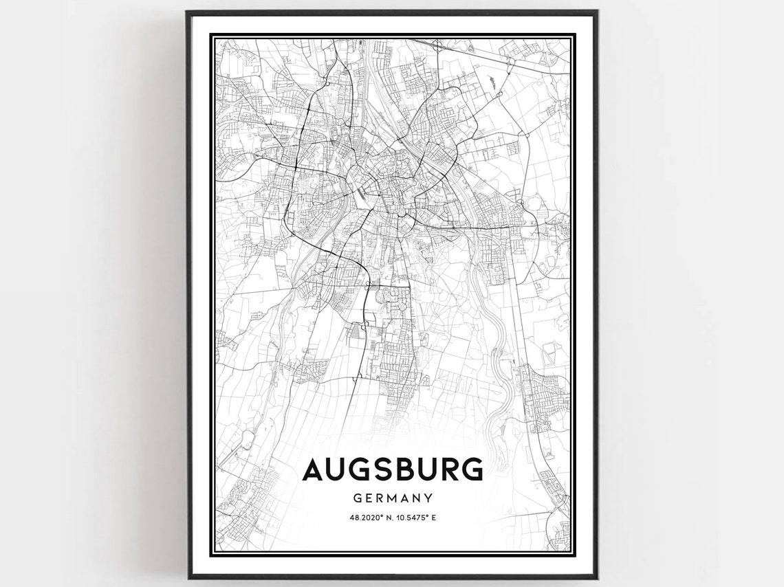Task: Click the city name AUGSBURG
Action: pyautogui.click(x=392, y=469)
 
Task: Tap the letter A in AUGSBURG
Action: pyautogui.click(x=314, y=469)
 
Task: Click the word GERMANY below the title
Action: pyautogui.click(x=393, y=497)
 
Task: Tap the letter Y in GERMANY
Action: pyautogui.click(x=428, y=497)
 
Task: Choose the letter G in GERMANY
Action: pyautogui.click(x=358, y=497)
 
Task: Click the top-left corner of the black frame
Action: pyautogui.click(x=188, y=12)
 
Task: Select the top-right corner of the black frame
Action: pyautogui.click(x=596, y=12)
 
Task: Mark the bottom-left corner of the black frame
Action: pyautogui.click(x=188, y=577)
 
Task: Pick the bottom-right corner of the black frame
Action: pyautogui.click(x=596, y=577)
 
